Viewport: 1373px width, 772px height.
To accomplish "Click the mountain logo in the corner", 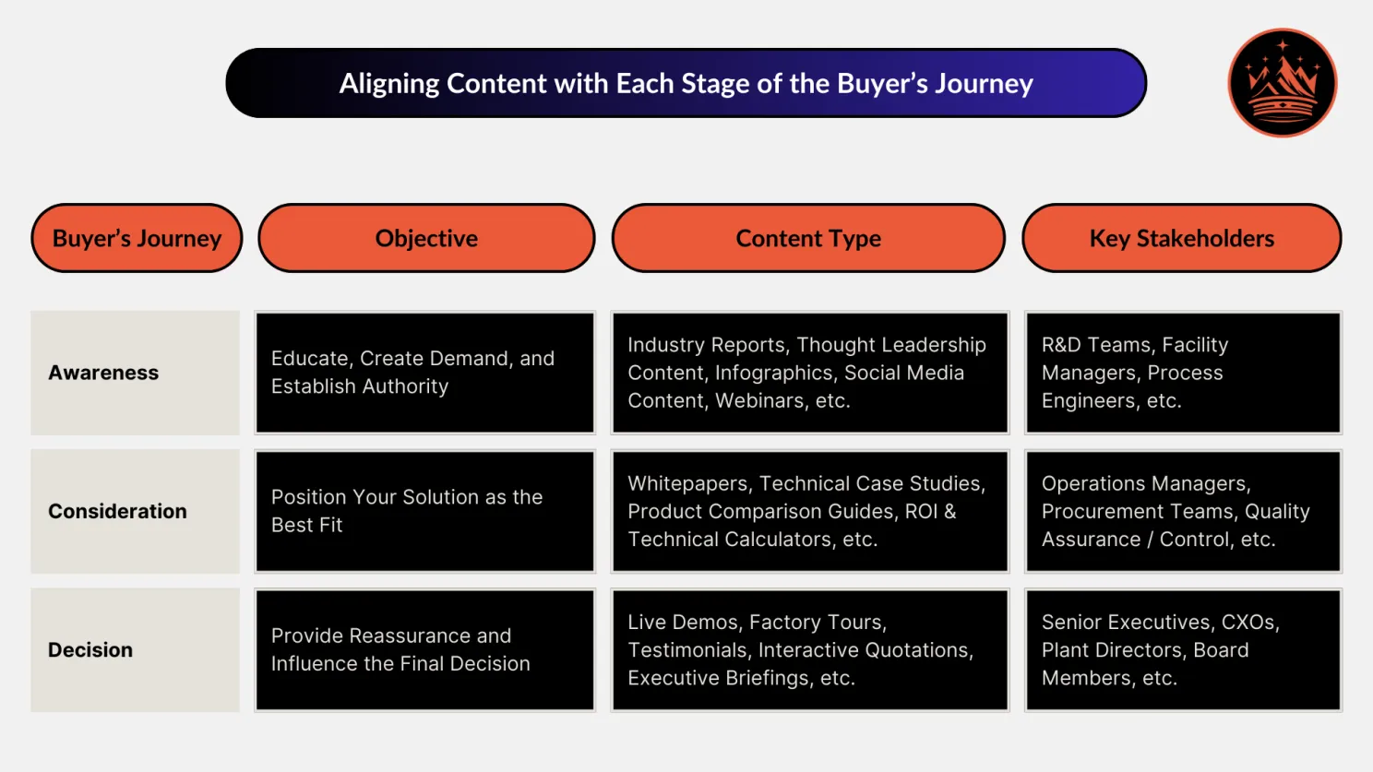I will [1282, 83].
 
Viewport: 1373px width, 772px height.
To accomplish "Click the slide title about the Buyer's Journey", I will [686, 83].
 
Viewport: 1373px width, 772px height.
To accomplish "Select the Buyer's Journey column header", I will [137, 238].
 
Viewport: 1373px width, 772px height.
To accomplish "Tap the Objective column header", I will [426, 238].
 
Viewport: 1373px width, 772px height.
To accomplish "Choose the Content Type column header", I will [808, 238].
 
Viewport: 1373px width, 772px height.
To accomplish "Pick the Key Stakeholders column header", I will [1181, 238].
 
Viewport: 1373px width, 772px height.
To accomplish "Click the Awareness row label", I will [103, 373].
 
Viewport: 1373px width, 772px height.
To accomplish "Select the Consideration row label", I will [117, 511].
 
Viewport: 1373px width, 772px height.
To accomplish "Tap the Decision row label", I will [90, 650].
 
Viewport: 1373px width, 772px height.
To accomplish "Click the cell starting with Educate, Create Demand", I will [424, 373].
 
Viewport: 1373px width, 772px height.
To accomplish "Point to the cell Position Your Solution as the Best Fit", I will [424, 511].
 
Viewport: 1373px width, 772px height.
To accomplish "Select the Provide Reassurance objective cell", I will [424, 650].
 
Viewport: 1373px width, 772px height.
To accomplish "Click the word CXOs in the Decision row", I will [1249, 623].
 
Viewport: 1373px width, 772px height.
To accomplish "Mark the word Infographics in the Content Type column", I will [773, 374].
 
